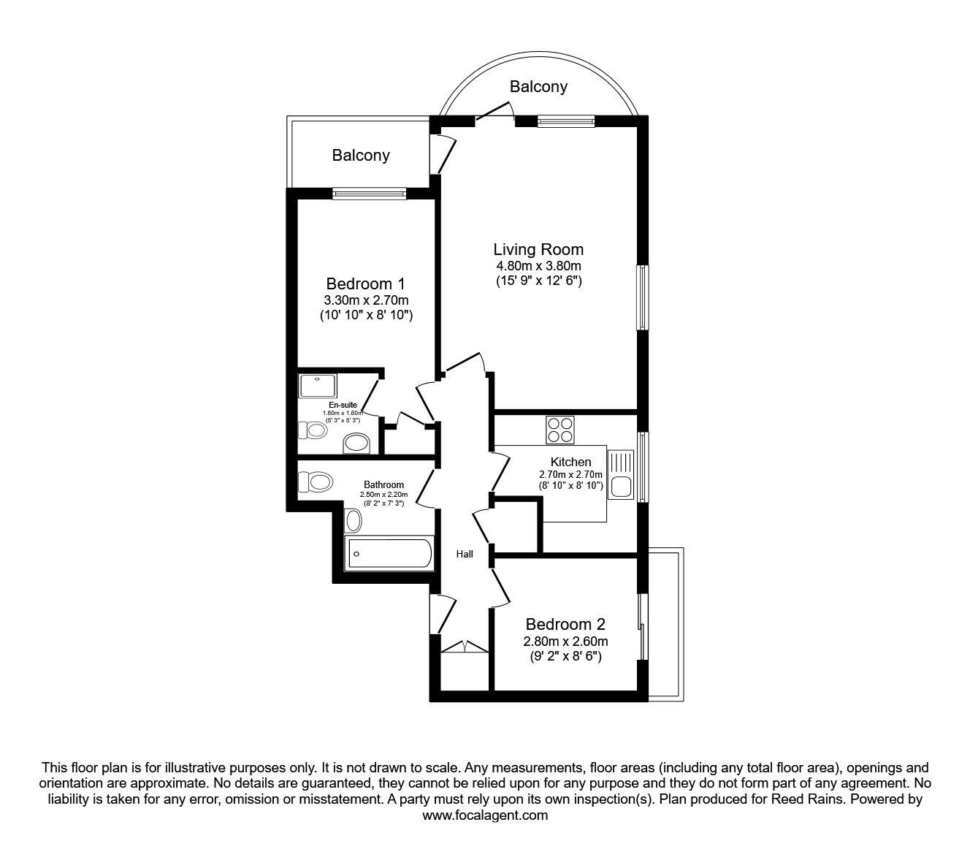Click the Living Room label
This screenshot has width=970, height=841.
(538, 249)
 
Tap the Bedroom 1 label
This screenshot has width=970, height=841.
(365, 283)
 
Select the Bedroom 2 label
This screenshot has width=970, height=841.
(565, 624)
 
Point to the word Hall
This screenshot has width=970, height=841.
(465, 554)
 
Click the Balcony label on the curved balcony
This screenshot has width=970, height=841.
(538, 86)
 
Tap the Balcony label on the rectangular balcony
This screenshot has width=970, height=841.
(361, 155)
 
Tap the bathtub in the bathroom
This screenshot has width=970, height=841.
(388, 553)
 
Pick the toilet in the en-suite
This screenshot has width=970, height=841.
(314, 430)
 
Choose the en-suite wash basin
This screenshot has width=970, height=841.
(356, 443)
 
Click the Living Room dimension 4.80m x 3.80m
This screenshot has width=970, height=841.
(538, 266)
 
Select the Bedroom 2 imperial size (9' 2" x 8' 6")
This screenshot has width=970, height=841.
(565, 656)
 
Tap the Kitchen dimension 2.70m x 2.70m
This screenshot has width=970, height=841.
(570, 474)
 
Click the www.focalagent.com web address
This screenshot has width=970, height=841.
(485, 815)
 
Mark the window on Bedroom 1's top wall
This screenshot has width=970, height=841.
(369, 194)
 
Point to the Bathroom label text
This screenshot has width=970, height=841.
(383, 484)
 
